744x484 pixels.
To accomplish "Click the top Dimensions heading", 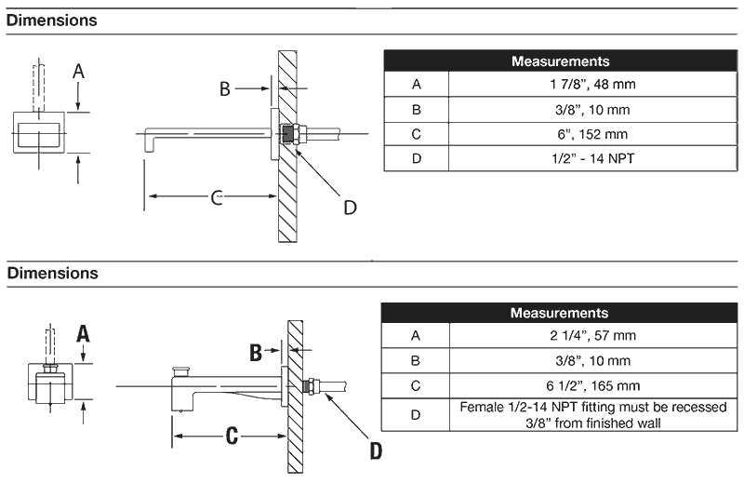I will coord(52,20).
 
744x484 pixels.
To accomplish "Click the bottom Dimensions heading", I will coord(52,274).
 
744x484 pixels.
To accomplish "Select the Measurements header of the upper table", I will coord(560,61).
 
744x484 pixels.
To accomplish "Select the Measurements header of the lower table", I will coord(560,314).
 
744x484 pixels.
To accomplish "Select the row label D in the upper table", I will coord(416,158).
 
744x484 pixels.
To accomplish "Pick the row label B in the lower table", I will coord(416,360).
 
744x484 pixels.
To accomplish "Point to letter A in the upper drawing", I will coord(79,71).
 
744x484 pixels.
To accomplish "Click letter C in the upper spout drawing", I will coord(216,196).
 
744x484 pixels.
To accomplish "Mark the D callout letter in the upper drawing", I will coord(350,207).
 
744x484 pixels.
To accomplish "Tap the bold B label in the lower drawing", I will coord(256,351).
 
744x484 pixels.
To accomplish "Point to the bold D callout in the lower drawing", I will coord(376,451).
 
